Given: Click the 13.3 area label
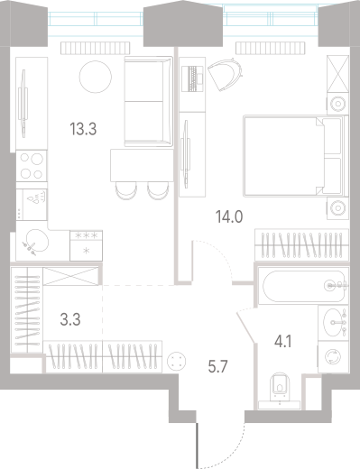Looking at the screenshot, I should click(83, 129).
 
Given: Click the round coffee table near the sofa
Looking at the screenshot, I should click(94, 78).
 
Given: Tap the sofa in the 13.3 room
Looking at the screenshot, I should click(144, 103).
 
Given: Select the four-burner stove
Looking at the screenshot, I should click(33, 168).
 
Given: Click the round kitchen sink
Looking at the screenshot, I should click(36, 241).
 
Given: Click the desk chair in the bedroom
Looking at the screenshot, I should click(226, 75).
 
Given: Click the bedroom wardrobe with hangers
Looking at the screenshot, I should click(300, 244).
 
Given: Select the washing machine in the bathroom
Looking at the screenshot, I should click(335, 358).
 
